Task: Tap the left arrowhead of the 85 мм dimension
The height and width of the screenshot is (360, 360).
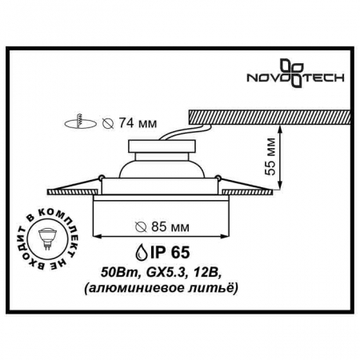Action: pyautogui.click(x=98, y=235)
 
